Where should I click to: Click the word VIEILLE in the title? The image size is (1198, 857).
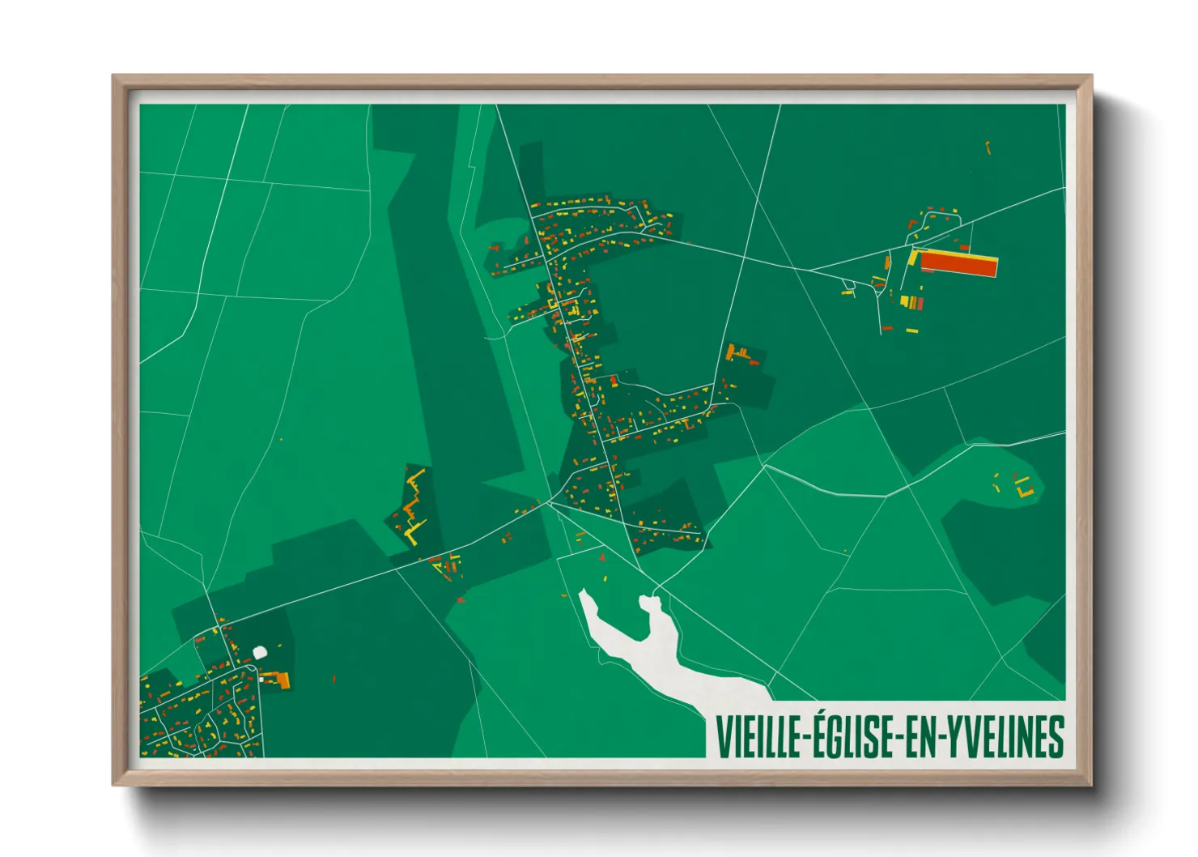point(756,737)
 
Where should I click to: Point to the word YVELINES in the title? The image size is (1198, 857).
point(1006,737)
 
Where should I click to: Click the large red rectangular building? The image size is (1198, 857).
point(958,265)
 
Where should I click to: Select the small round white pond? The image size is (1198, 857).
point(260,652)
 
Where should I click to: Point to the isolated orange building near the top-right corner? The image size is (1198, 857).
point(988,147)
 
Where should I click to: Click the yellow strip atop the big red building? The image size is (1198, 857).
point(955,254)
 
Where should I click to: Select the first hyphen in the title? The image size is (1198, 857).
point(805,738)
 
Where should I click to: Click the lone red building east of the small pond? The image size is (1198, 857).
point(333,679)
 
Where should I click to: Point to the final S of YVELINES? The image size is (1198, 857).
point(1056,737)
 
